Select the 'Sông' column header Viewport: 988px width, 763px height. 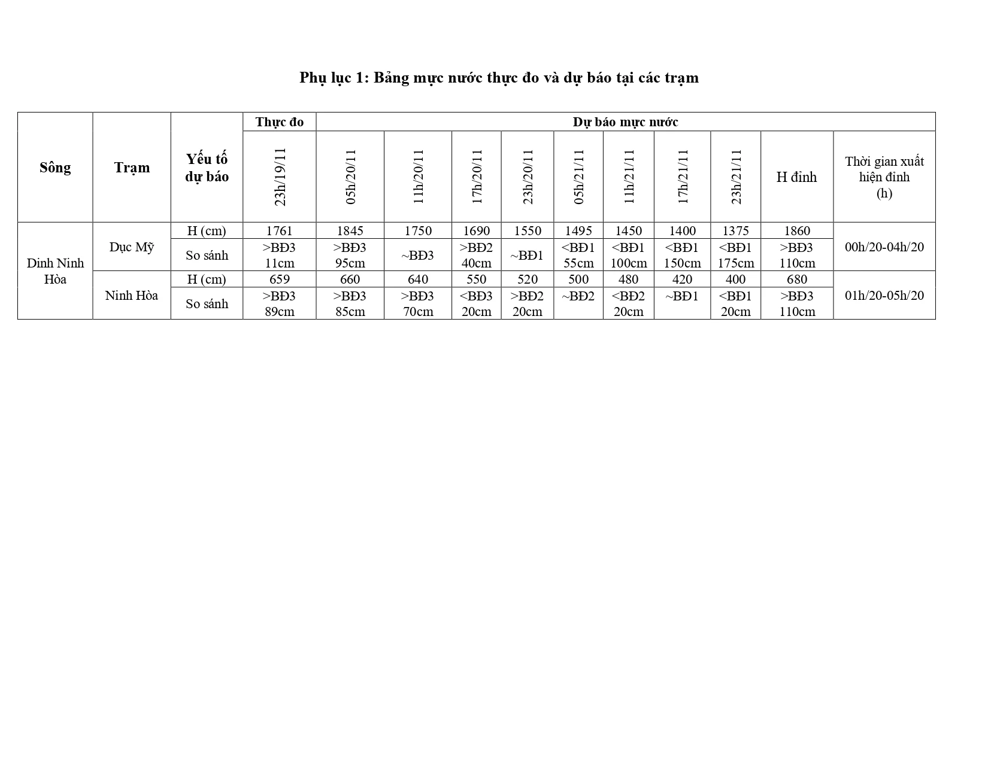click(x=55, y=168)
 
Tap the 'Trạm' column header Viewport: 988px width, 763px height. click(x=132, y=168)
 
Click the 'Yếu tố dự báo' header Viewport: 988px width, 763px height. click(x=207, y=168)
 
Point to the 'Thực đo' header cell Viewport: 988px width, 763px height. click(x=279, y=122)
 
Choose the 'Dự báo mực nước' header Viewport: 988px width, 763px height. click(x=625, y=122)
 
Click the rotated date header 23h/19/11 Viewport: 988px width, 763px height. click(x=280, y=177)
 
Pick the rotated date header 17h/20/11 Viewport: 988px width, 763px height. click(x=477, y=177)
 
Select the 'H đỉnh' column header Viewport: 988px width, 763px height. click(x=796, y=177)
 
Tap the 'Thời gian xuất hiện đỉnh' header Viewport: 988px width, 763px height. click(x=884, y=177)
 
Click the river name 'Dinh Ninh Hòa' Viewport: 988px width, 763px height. click(x=55, y=271)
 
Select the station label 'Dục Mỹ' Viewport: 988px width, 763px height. click(x=132, y=247)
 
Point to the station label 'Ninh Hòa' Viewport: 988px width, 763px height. click(x=132, y=295)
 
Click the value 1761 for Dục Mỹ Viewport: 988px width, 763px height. click(x=279, y=231)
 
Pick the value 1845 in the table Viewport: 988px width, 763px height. click(x=350, y=231)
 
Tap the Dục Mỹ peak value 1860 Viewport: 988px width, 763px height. click(x=796, y=231)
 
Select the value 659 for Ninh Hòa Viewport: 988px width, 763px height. click(x=279, y=279)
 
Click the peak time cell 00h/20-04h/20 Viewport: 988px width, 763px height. click(x=884, y=247)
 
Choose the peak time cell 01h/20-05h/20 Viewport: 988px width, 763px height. click(x=884, y=295)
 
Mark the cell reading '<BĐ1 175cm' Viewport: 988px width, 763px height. click(x=735, y=255)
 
